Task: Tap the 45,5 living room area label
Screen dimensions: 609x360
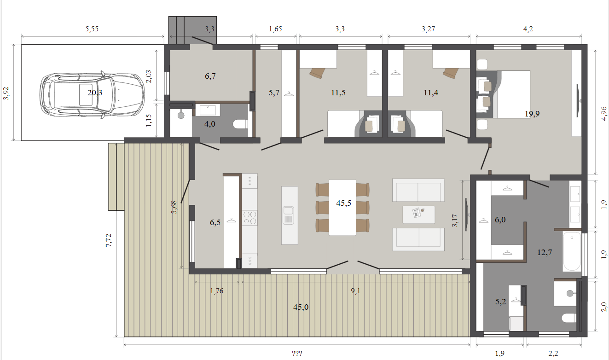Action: tap(344, 203)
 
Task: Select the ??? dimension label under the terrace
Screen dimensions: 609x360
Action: tap(297, 354)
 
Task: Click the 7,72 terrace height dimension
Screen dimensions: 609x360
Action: tap(109, 240)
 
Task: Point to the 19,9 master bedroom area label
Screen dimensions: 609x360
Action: tap(532, 114)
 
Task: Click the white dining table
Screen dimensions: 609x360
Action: tap(342, 208)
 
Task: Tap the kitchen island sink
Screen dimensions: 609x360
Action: tap(289, 215)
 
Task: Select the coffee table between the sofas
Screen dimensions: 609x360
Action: tap(418, 215)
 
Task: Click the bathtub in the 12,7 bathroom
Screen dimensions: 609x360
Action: tap(572, 251)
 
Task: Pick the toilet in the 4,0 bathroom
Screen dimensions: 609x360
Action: tap(240, 124)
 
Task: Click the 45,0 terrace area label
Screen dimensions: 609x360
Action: tap(301, 307)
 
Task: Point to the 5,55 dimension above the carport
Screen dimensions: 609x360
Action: tap(92, 29)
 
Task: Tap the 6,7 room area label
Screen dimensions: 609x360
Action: tap(210, 76)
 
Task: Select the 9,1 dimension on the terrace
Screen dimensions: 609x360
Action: tap(355, 291)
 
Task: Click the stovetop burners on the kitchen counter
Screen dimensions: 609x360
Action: tap(250, 218)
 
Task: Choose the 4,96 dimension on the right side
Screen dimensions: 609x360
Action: tap(603, 113)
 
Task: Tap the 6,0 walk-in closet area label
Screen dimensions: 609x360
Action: tap(500, 220)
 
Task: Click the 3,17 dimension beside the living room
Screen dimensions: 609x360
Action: tap(455, 221)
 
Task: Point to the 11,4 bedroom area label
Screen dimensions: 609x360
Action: tap(431, 93)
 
